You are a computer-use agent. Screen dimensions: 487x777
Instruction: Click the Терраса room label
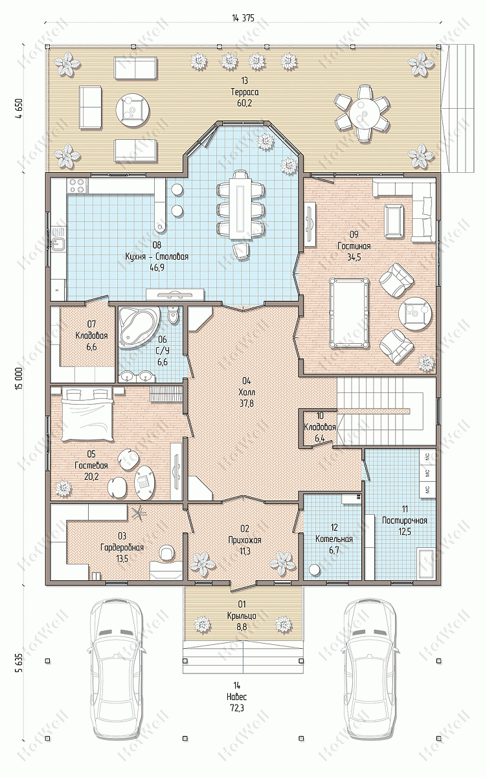(x=245, y=92)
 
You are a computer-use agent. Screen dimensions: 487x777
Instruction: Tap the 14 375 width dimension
(x=243, y=18)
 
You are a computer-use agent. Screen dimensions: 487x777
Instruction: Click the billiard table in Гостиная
(x=348, y=312)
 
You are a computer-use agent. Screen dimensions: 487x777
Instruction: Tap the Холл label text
(x=247, y=392)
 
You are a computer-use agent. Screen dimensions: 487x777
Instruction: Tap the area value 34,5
(x=354, y=257)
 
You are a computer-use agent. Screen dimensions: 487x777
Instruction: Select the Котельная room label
(x=334, y=539)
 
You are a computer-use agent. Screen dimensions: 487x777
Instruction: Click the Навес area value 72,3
(x=237, y=707)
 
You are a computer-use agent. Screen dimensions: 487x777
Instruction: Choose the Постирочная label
(x=405, y=521)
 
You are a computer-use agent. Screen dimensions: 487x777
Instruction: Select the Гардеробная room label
(x=122, y=547)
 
